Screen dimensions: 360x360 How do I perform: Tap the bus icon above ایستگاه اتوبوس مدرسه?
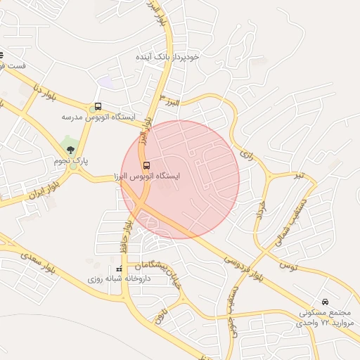tap(96, 107)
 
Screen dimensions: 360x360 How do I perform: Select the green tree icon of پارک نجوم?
tap(70, 148)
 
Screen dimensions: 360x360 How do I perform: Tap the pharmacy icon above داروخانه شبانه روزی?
tap(119, 269)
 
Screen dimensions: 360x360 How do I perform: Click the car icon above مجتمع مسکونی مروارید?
tap(324, 302)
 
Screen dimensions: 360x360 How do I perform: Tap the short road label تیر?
tap(300, 174)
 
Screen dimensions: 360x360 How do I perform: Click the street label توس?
tap(288, 266)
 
